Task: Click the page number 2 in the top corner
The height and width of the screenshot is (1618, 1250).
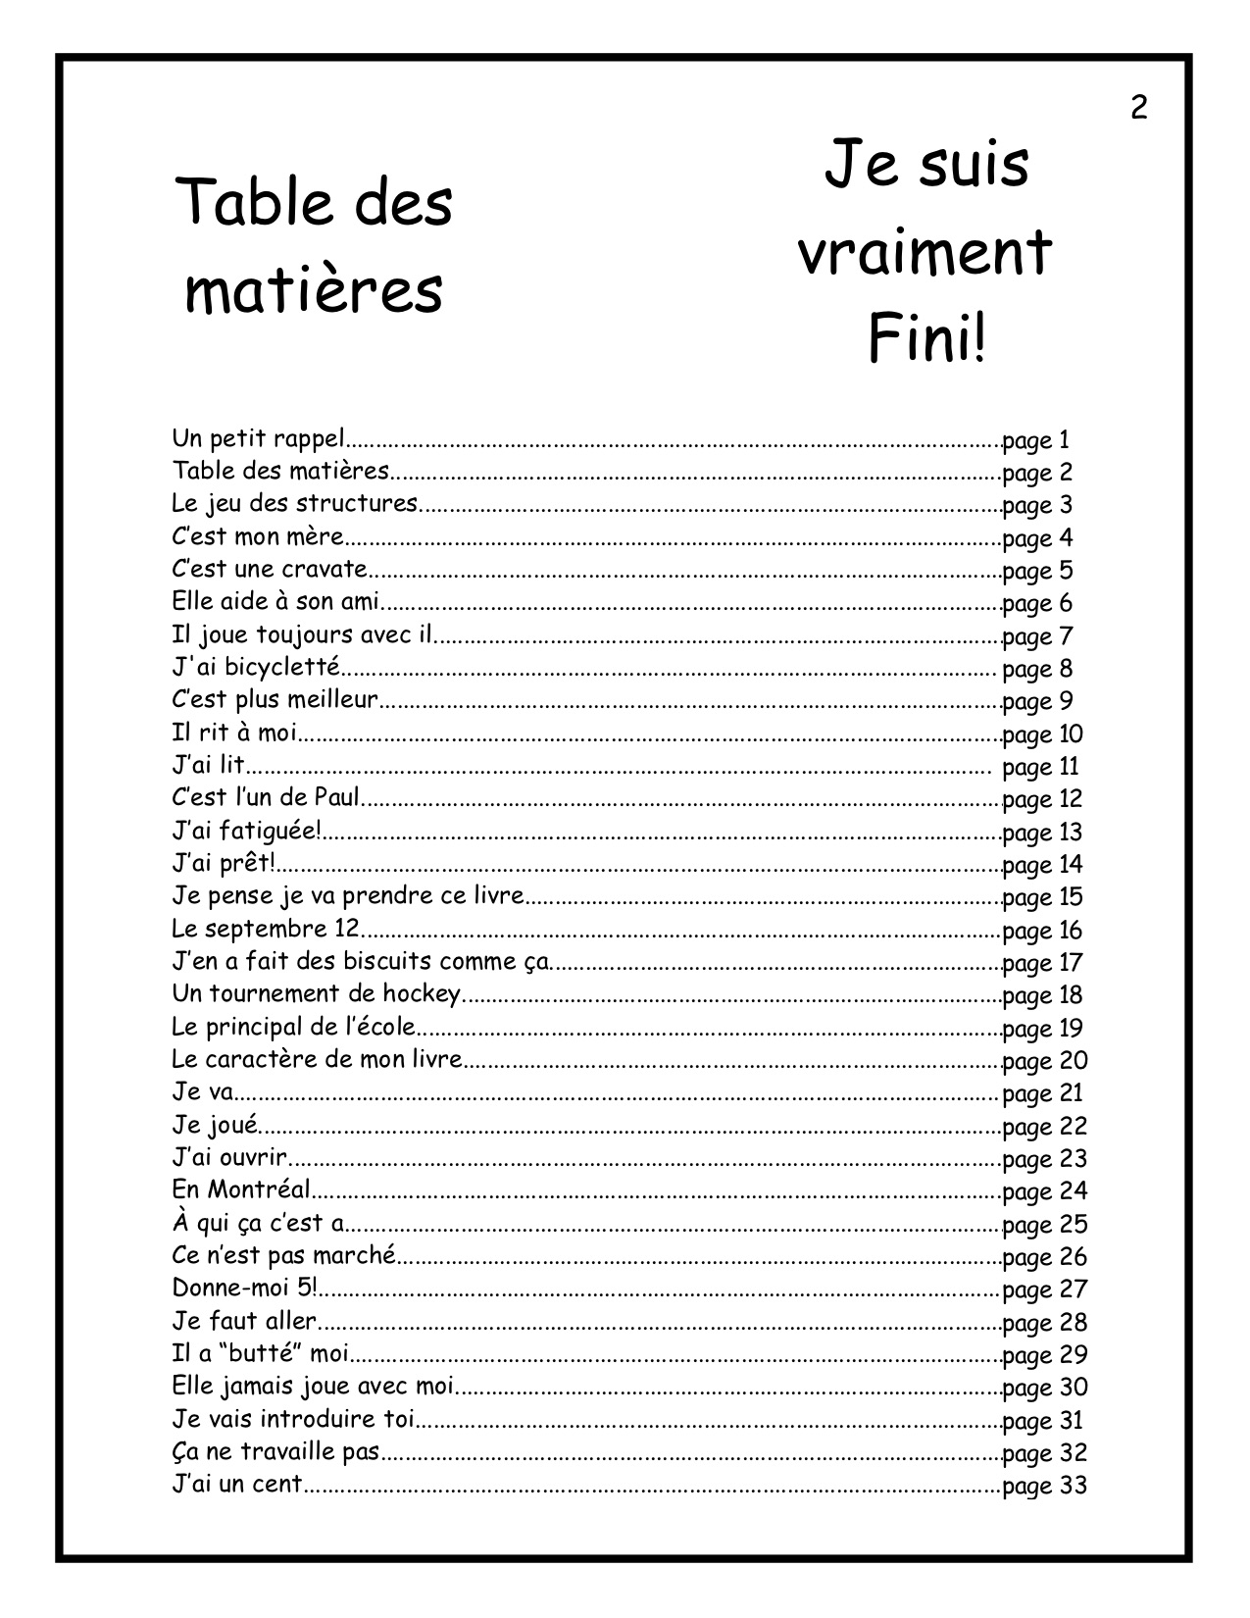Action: (x=1138, y=107)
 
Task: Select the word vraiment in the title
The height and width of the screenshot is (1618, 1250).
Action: (x=925, y=254)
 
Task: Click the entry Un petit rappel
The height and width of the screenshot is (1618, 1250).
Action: (x=260, y=438)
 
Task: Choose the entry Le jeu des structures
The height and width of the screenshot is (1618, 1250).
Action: (x=295, y=504)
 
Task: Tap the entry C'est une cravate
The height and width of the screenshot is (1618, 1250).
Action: (x=270, y=570)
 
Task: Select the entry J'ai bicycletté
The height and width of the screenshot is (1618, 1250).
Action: (x=256, y=668)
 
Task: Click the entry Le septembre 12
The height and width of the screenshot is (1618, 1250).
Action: (x=266, y=929)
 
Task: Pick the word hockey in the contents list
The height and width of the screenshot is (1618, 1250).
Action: (x=421, y=994)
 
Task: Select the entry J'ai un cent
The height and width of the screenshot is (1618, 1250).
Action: (x=238, y=1485)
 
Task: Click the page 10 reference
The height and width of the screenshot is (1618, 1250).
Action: (x=1042, y=734)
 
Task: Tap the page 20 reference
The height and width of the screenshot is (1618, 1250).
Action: (x=1045, y=1061)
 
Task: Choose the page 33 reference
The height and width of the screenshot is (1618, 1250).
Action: (x=1045, y=1486)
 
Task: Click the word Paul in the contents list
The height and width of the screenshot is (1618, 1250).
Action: (x=338, y=798)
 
